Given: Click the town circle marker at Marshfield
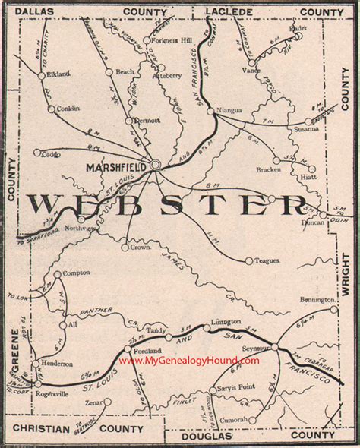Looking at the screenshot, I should coord(155,163).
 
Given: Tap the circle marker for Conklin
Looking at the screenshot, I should coord(51,109).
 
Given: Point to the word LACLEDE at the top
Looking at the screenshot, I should coord(226,11).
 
